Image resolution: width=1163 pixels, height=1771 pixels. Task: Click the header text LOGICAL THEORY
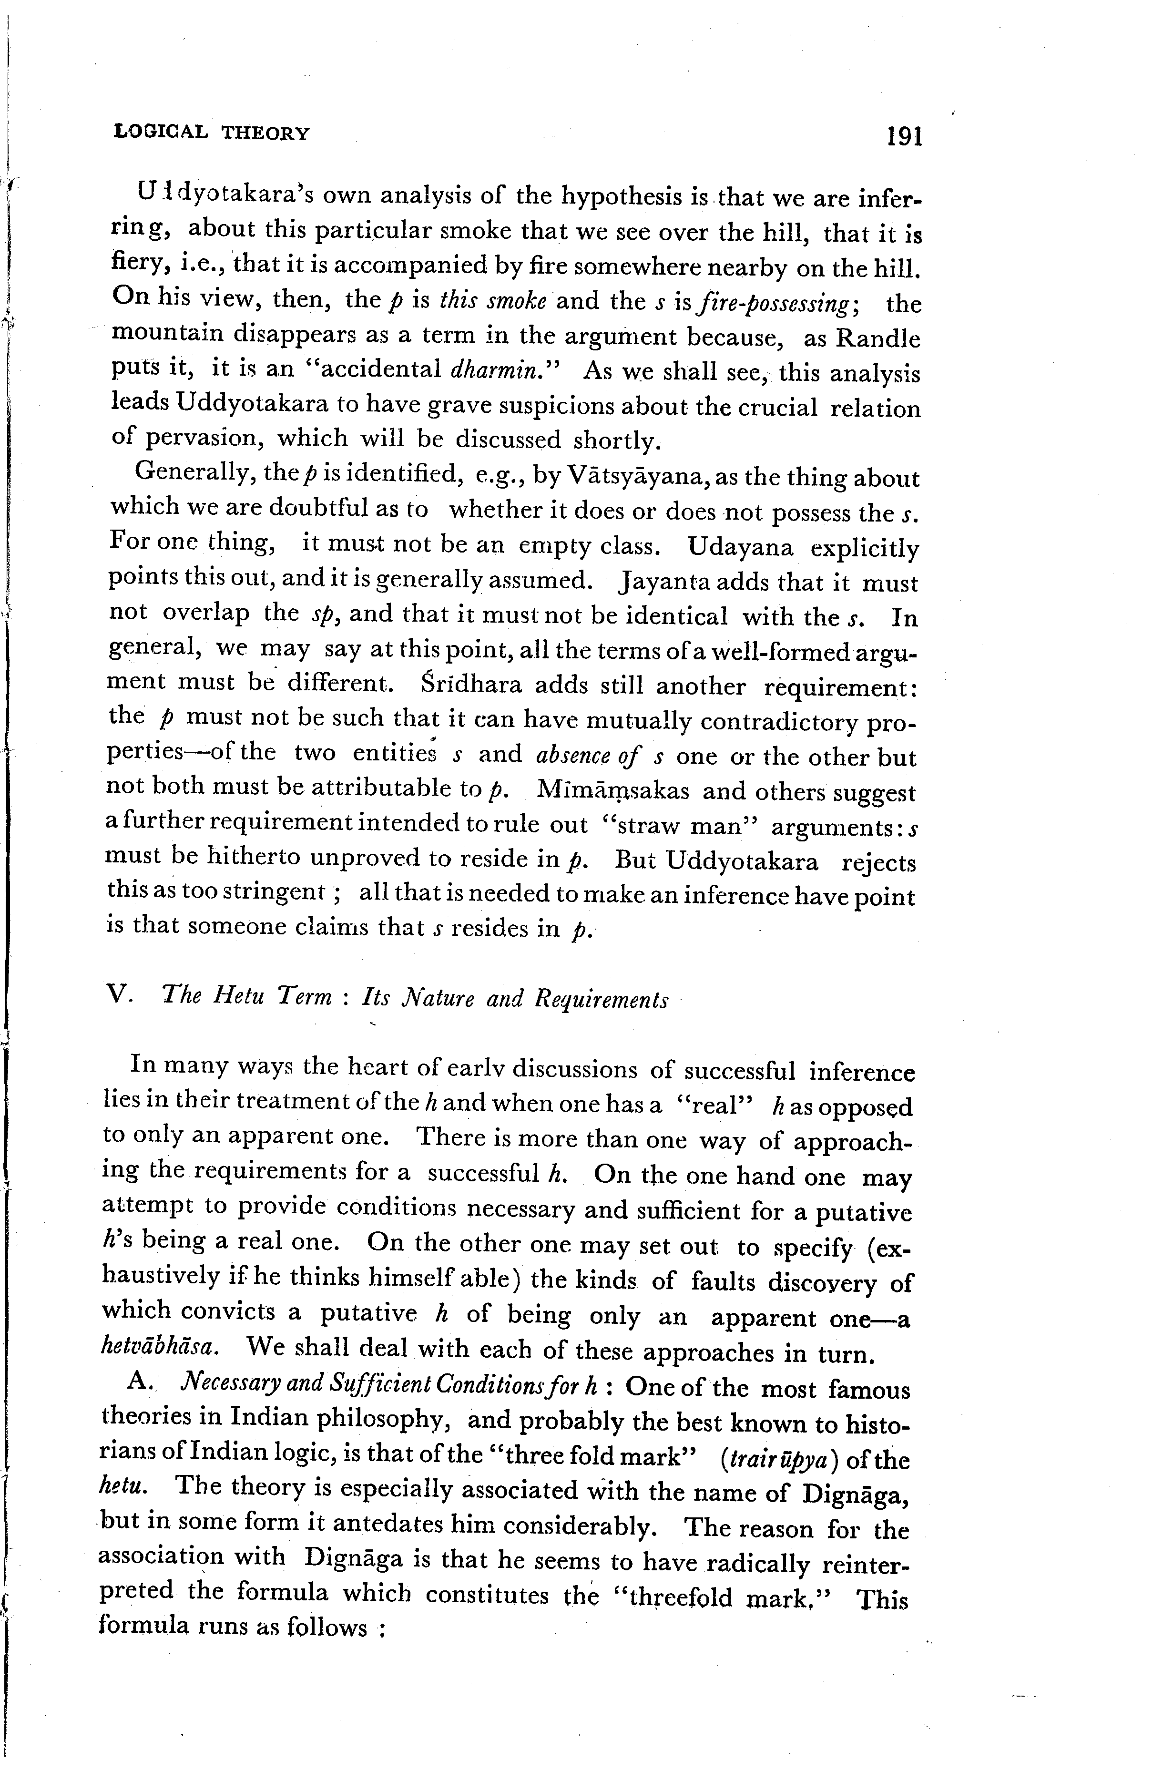point(212,133)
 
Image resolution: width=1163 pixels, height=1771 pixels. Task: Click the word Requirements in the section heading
point(601,999)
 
